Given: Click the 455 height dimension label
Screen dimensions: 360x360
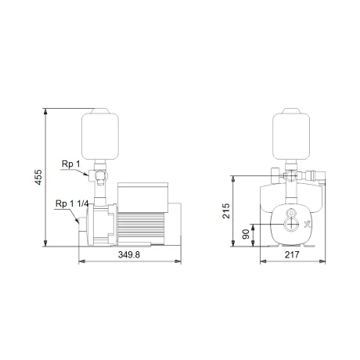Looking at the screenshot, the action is click(x=38, y=178).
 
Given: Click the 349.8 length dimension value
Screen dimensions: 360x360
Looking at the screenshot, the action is click(x=129, y=254).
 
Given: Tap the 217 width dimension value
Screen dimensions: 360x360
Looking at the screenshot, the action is click(x=292, y=254).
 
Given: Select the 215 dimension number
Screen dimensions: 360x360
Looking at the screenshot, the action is click(x=226, y=211).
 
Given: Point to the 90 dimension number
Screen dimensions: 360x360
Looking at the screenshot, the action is click(x=246, y=234).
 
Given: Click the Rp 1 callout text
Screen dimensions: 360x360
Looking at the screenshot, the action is click(x=71, y=164).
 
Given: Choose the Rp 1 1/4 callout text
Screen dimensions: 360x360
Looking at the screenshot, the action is click(x=72, y=203).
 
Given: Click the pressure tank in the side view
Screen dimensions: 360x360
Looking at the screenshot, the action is click(x=100, y=134).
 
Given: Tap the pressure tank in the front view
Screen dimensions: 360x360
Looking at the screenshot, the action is click(x=291, y=134).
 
